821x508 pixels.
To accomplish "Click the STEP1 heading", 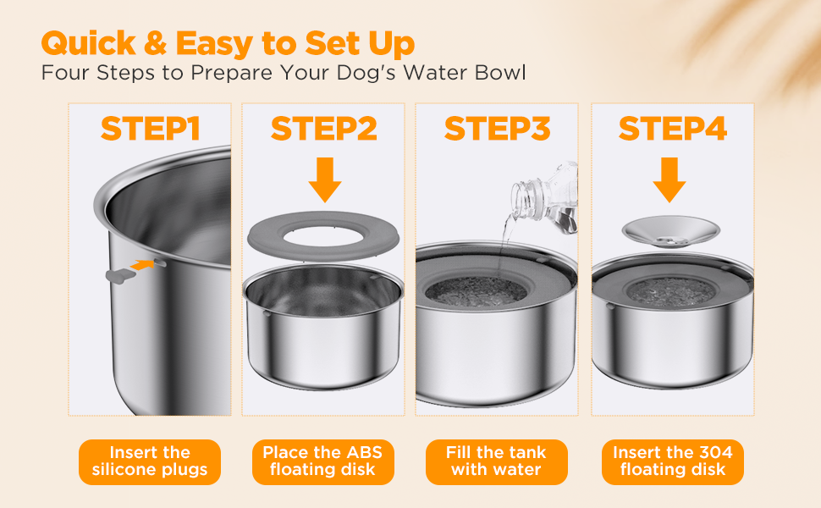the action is click(151, 129).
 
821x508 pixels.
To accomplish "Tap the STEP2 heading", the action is click(323, 129).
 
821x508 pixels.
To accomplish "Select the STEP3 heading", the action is click(498, 129).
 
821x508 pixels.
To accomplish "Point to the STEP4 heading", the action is click(673, 129).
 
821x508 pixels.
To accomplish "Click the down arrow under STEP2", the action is click(325, 179).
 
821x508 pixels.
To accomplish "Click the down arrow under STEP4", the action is click(669, 179).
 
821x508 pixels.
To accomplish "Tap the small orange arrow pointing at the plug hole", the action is click(142, 264).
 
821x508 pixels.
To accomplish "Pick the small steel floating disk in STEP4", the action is click(670, 231).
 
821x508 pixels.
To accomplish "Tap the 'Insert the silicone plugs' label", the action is click(150, 461).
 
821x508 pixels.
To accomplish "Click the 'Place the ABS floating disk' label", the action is click(323, 461).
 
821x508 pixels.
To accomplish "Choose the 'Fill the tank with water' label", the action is click(496, 461).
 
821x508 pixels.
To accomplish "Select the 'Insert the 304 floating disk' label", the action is click(673, 461).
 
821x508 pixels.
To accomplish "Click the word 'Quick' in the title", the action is click(89, 43).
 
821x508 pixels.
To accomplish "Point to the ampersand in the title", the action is click(155, 43).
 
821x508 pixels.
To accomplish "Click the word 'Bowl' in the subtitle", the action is click(500, 73).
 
